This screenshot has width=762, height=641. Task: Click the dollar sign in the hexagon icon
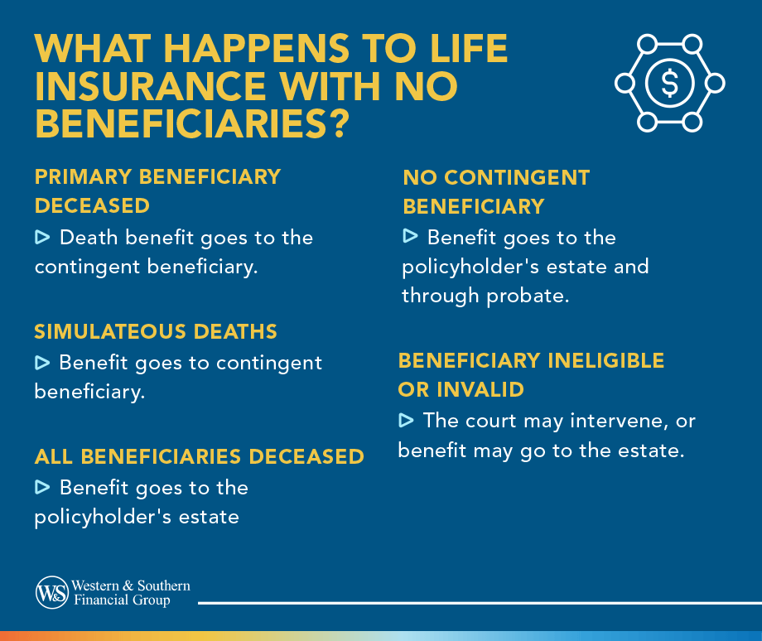tap(669, 83)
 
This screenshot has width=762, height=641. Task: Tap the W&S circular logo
tap(51, 593)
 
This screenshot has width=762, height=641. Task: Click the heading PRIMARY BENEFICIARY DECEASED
tap(157, 190)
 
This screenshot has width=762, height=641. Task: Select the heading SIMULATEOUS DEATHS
tap(156, 331)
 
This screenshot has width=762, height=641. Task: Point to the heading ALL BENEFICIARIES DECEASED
tap(199, 456)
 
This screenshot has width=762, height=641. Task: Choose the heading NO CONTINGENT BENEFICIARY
tap(496, 191)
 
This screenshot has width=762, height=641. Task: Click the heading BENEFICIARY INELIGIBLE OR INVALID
tap(531, 374)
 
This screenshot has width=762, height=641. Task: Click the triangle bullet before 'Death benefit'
tap(42, 238)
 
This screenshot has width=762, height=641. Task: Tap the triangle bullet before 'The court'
tap(406, 421)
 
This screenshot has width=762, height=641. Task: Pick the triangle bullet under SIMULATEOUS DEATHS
tap(42, 362)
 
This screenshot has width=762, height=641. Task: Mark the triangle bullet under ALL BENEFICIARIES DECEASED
tap(42, 487)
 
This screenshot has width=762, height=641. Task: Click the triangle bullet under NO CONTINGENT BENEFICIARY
tap(410, 237)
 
